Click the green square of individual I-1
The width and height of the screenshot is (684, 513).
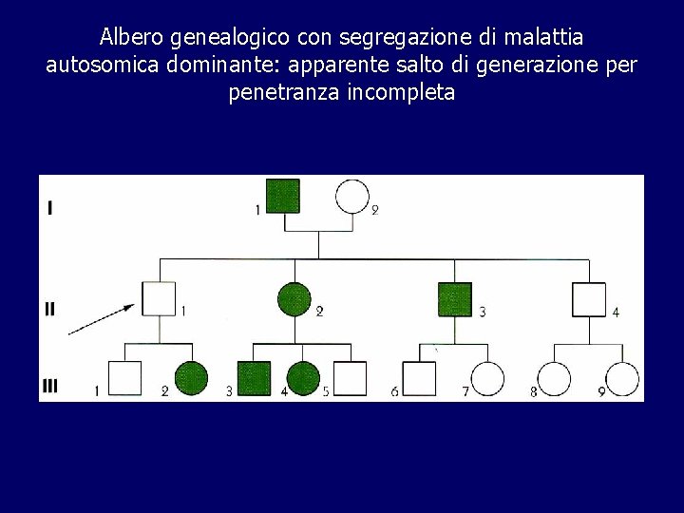(283, 196)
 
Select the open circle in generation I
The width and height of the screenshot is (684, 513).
(352, 197)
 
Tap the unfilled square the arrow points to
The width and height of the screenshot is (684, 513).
(159, 299)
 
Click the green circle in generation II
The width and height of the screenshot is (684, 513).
(294, 299)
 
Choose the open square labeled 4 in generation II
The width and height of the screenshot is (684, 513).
(589, 299)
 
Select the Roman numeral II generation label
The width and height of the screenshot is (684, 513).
(50, 309)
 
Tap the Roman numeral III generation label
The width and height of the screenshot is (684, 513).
(51, 386)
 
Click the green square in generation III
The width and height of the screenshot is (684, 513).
(254, 378)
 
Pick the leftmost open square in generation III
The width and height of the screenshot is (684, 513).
(124, 378)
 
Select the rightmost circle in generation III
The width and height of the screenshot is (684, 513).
(622, 379)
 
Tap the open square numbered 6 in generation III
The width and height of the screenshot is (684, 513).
(419, 379)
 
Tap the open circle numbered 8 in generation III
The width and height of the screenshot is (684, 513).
(555, 379)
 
